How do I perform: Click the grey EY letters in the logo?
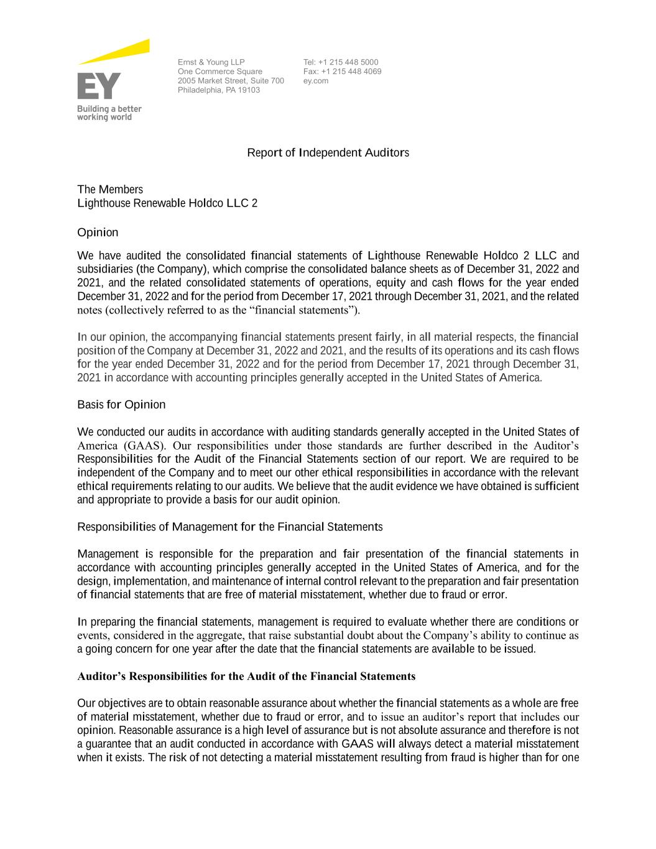point(99,86)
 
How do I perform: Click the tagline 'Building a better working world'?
point(109,113)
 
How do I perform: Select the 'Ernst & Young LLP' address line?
point(211,62)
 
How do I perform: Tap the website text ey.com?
point(316,81)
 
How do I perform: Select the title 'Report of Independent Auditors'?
point(328,153)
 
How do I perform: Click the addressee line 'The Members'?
point(110,190)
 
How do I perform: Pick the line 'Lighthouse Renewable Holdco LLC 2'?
point(167,203)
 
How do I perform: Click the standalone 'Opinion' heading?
point(98,233)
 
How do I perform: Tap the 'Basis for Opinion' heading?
point(121,405)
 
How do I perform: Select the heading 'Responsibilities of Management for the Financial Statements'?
point(229,527)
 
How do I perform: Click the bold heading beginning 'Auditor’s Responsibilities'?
point(246,676)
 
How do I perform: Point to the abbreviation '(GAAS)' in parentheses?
point(144,446)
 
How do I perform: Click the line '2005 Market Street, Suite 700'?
point(231,81)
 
